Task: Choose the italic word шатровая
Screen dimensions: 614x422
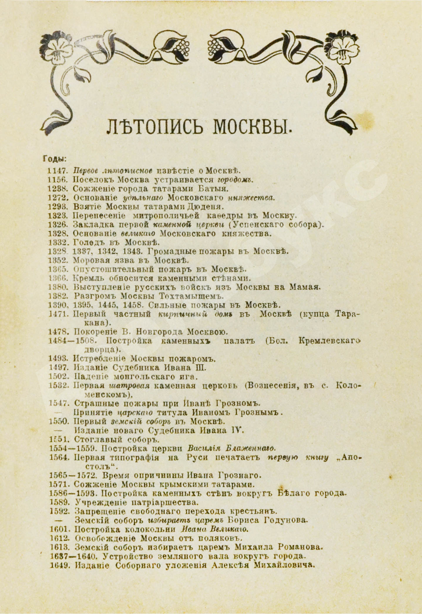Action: pyautogui.click(x=129, y=386)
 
